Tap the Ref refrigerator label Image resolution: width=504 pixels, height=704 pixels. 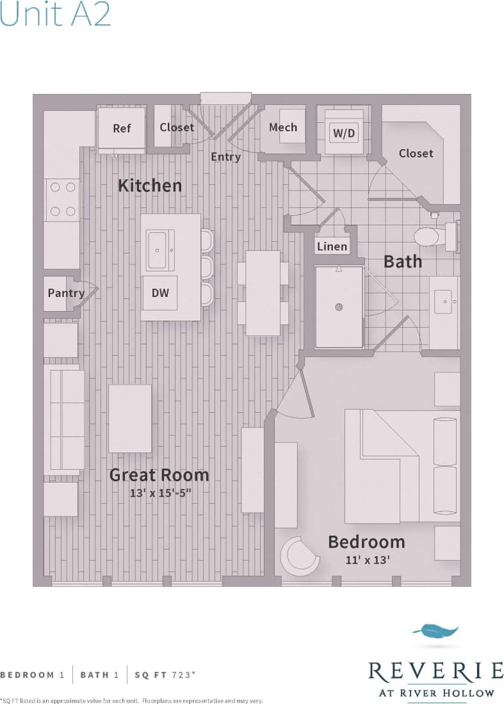(x=122, y=128)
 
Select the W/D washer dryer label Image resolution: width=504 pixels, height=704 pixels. (x=343, y=134)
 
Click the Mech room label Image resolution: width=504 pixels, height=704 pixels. (x=282, y=127)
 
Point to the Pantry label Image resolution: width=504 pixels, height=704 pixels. (x=66, y=293)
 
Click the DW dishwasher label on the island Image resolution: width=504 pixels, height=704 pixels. (x=160, y=293)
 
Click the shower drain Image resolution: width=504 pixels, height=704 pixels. (x=339, y=307)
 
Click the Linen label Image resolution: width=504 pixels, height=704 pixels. (x=332, y=246)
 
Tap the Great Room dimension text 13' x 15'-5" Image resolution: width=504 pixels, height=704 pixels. (x=159, y=493)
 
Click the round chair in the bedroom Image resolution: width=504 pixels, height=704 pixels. (x=300, y=555)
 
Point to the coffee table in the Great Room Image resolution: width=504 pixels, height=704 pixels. (x=130, y=419)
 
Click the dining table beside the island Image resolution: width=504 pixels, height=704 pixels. (x=263, y=292)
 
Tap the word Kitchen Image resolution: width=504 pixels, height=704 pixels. (x=150, y=186)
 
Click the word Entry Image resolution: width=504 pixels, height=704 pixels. (x=225, y=156)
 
